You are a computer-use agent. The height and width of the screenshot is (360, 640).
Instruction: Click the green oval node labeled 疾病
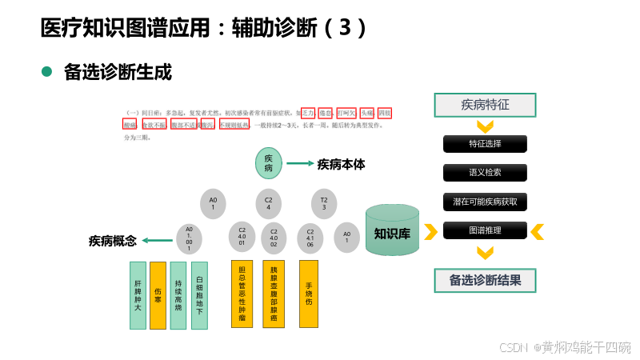269,163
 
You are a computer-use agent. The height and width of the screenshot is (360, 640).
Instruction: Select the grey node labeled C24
269,202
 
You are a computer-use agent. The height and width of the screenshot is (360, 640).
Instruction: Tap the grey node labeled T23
323,202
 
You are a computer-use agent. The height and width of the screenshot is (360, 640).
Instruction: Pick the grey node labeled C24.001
242,238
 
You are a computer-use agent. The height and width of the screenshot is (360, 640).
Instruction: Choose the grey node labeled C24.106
310,238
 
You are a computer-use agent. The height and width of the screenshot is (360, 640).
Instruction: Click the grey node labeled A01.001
189,238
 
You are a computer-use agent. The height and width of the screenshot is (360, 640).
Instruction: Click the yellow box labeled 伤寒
158,295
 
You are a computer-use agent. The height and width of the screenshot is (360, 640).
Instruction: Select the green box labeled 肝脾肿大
138,295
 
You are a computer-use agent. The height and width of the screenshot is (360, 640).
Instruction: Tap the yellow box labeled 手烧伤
309,294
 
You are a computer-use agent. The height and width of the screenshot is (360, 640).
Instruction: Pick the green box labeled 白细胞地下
199,295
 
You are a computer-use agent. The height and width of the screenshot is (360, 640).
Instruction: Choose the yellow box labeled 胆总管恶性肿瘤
242,294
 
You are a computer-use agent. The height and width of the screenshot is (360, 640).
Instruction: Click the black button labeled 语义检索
485,173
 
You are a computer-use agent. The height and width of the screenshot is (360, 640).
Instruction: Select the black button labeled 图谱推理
485,230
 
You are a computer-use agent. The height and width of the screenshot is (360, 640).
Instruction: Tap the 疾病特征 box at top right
485,105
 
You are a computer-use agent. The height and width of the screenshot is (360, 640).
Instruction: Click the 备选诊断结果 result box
485,280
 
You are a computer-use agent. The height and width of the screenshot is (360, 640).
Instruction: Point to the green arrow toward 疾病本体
300,163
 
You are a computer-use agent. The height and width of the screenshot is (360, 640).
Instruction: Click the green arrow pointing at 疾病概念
158,240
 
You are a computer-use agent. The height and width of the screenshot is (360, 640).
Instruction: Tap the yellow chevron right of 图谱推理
538,231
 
